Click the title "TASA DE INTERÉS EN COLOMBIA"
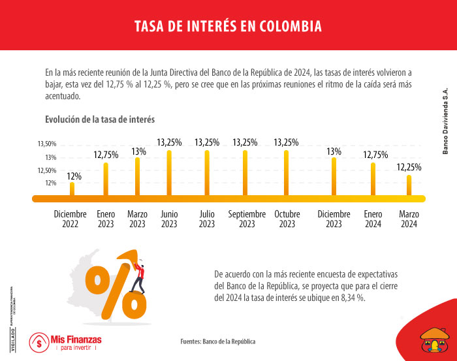point(228,26)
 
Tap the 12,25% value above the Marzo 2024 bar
point(409,167)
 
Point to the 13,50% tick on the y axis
point(47,144)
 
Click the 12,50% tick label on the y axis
point(47,170)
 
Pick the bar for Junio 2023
point(169,173)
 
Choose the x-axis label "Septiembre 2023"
point(247,219)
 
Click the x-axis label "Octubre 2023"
point(287,219)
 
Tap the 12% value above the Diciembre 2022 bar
point(74,176)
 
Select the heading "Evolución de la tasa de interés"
point(99,119)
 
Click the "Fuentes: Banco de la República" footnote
point(218,341)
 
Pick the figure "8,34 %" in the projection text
point(352,298)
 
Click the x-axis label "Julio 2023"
point(207,219)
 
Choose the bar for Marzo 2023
point(137,176)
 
